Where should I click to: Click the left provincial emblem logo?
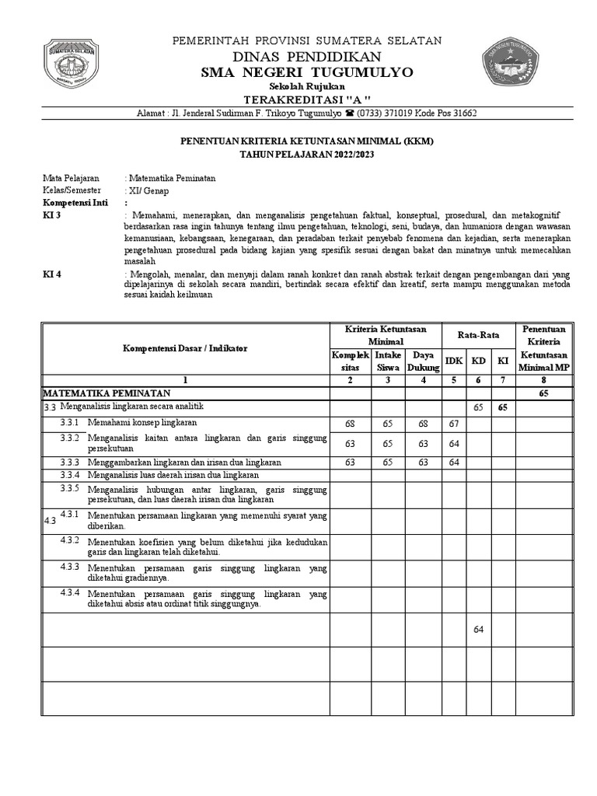coord(71,63)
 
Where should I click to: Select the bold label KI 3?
coord(51,215)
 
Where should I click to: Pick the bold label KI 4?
coord(51,274)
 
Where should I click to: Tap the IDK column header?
coord(453,361)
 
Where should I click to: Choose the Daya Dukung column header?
coord(422,361)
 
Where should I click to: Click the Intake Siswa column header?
coord(388,361)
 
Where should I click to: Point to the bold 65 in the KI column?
coord(503,407)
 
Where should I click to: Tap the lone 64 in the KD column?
coord(478,629)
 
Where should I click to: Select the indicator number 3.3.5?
coord(70,488)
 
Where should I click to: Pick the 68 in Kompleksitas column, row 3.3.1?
coord(350,424)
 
